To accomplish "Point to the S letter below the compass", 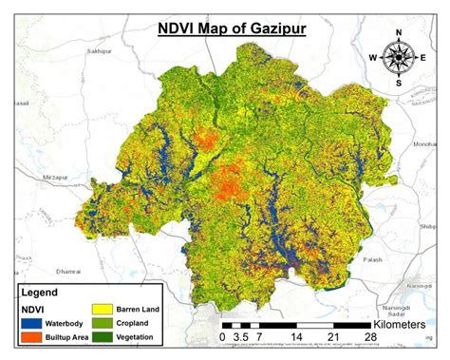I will coord(398,83).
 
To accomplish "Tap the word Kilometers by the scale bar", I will coord(408,325).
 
